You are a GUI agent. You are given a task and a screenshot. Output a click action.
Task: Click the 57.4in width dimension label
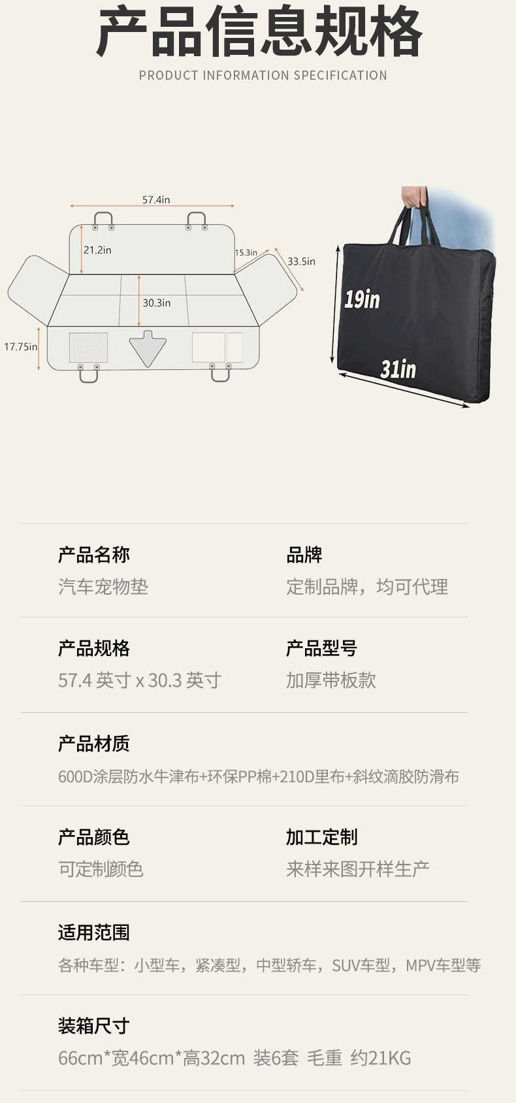point(156,200)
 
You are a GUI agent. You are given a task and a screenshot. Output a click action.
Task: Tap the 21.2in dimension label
point(97,250)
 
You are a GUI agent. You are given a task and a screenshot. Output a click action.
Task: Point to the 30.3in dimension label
point(157,303)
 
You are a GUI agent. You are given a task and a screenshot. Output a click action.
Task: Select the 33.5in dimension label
point(301,261)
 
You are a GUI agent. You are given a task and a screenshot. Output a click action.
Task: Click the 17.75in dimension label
point(20,347)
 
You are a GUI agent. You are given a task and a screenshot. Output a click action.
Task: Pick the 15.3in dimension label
point(246,253)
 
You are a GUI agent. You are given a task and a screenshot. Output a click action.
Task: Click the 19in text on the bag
point(362,299)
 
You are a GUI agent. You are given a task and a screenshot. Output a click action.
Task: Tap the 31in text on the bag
point(398,369)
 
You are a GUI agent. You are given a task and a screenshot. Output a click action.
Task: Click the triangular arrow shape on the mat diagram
point(148,348)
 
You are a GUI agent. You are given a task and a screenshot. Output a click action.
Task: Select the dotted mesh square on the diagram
point(88,348)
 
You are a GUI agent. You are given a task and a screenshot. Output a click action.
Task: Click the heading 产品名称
point(94,555)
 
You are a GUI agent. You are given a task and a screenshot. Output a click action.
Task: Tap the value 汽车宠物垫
point(103,587)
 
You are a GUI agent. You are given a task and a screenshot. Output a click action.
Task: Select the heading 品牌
point(304,555)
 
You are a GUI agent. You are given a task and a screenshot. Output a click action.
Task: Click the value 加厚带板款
point(331,681)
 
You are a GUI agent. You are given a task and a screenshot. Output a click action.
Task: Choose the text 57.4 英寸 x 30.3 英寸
point(140,681)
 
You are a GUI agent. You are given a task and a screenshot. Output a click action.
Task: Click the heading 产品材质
point(94,744)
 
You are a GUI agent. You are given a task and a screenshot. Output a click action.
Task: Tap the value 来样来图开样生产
point(358,869)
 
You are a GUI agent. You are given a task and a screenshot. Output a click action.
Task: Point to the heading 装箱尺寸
point(94,1026)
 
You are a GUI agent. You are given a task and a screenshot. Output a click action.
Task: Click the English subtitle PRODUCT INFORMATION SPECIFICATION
point(263,76)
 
